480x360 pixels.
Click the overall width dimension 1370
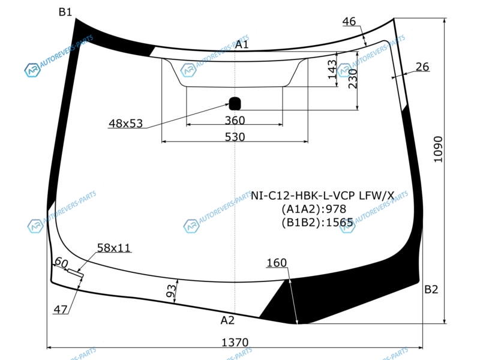coord(235,342)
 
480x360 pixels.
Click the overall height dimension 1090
coord(438,149)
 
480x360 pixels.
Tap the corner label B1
coord(65,12)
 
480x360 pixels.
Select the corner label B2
coord(431,289)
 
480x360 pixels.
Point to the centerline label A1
coord(242,44)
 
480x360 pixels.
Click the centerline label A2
coord(227,320)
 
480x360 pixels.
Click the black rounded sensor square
coord(235,103)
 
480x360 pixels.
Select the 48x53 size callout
coord(126,124)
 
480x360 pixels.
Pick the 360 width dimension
coord(235,121)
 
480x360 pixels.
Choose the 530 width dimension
coord(235,137)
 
